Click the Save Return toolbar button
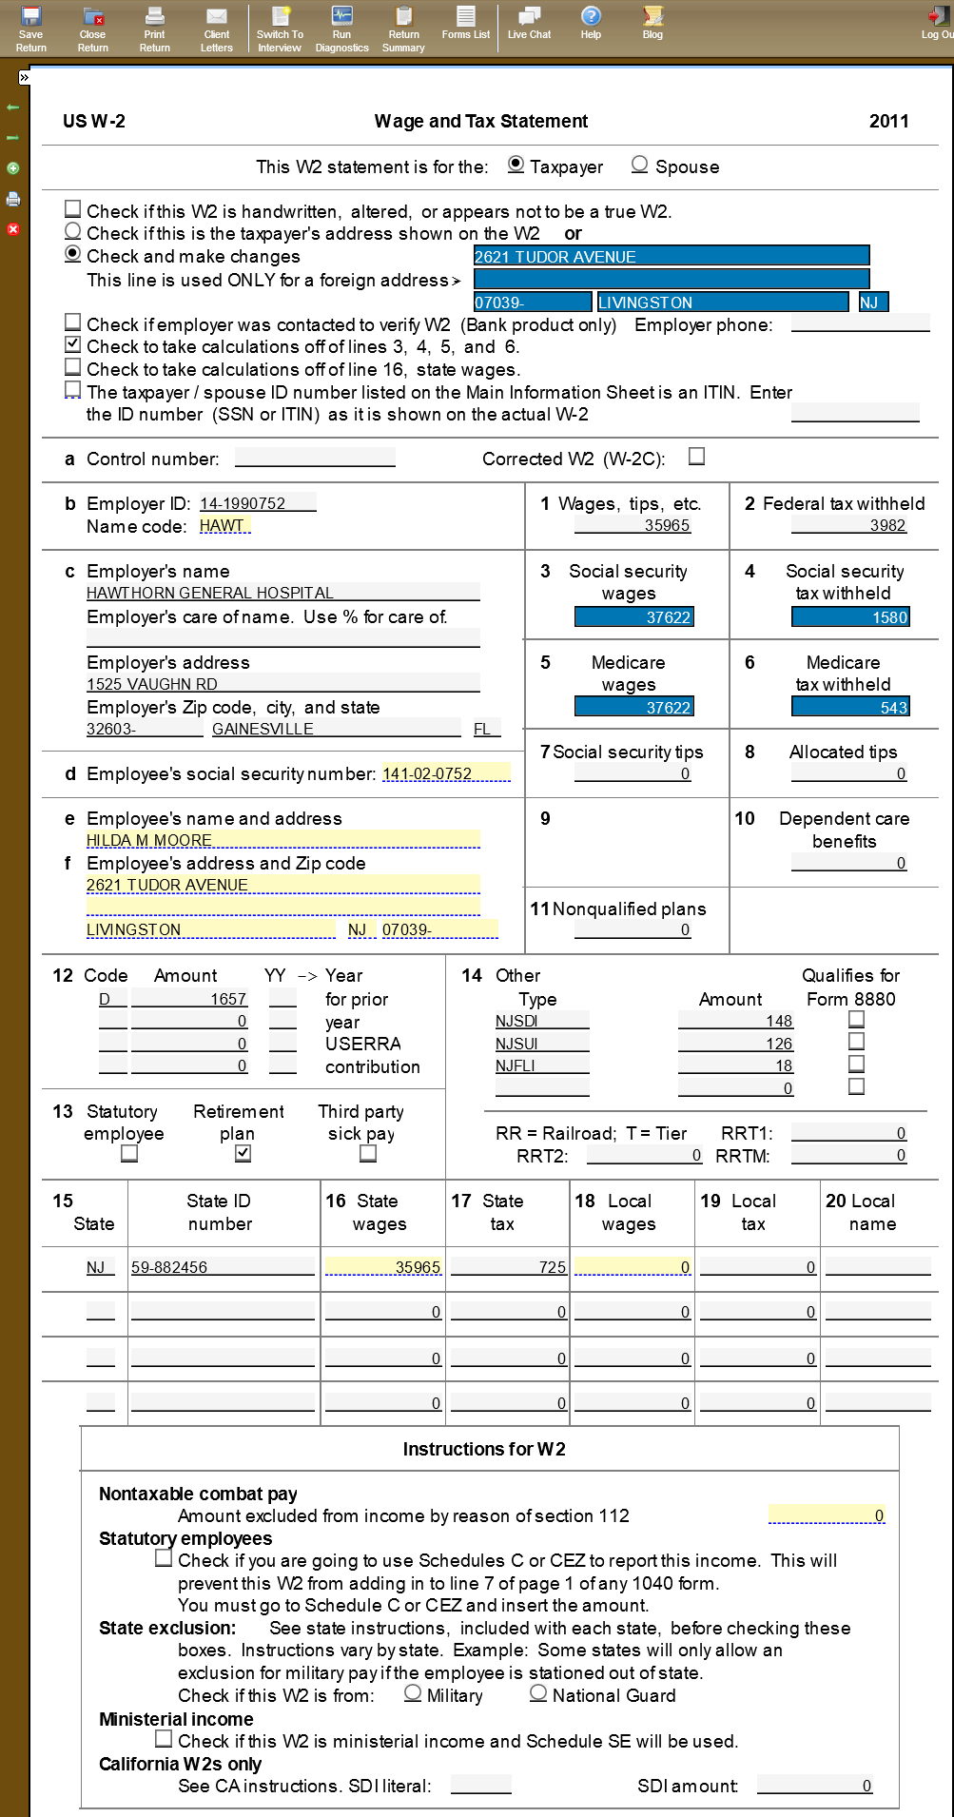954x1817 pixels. (30, 29)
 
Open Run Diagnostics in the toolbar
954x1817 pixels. (341, 29)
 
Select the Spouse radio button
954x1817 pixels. (640, 165)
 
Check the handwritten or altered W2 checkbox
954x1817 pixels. (73, 208)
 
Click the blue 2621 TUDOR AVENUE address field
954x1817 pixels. (671, 256)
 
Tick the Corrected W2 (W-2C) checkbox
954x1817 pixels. (697, 457)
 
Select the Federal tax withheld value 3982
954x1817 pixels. (848, 525)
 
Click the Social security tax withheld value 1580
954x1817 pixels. (850, 617)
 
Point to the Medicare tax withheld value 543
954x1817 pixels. (850, 707)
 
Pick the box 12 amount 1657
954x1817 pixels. (189, 999)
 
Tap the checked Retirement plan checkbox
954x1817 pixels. (243, 1153)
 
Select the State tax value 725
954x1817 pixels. (509, 1267)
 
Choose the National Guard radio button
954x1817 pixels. (539, 1693)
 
